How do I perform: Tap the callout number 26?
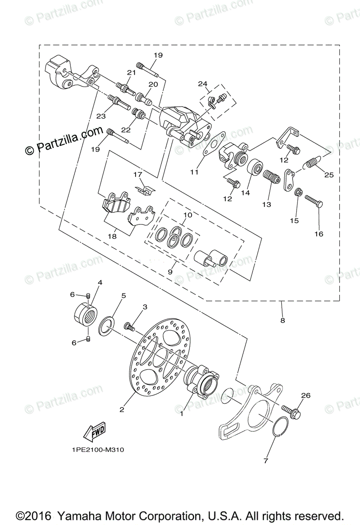(305, 395)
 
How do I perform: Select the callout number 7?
(266, 460)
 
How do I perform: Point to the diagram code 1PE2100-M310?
(95, 449)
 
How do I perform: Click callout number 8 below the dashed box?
(282, 320)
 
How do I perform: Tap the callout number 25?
(329, 175)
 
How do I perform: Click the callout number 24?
(202, 84)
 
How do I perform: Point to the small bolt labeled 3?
(129, 325)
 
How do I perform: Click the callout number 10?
(188, 215)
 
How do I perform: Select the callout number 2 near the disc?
(122, 409)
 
